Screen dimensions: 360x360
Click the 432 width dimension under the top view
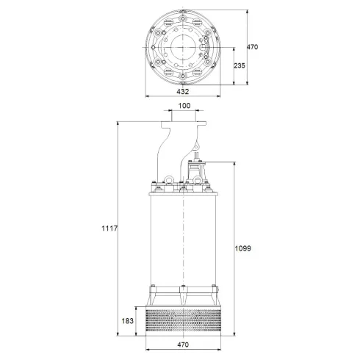pos(183,92)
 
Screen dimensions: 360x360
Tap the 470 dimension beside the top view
pos(253,47)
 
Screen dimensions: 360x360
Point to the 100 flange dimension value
pos(184,107)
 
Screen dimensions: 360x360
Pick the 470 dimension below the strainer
pos(184,342)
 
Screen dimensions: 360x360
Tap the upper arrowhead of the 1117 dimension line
pos(118,123)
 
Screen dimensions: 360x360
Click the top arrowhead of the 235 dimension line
pos(234,46)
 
